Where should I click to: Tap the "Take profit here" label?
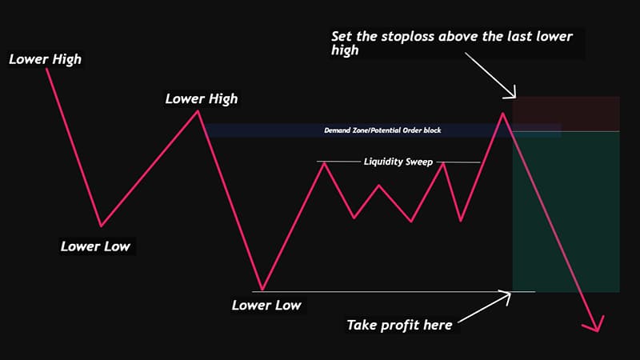pyautogui.click(x=399, y=325)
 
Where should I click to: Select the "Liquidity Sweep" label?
pyautogui.click(x=398, y=162)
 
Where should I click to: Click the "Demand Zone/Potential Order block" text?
pyautogui.click(x=382, y=130)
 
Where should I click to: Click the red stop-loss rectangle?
pyautogui.click(x=566, y=113)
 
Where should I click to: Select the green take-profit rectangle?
pyautogui.click(x=566, y=211)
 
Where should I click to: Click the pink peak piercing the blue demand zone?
pyautogui.click(x=503, y=114)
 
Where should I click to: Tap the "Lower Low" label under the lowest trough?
pyautogui.click(x=266, y=305)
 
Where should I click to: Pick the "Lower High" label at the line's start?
pyautogui.click(x=45, y=58)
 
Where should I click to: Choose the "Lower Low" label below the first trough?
pyautogui.click(x=95, y=246)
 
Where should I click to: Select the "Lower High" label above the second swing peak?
pyautogui.click(x=201, y=99)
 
